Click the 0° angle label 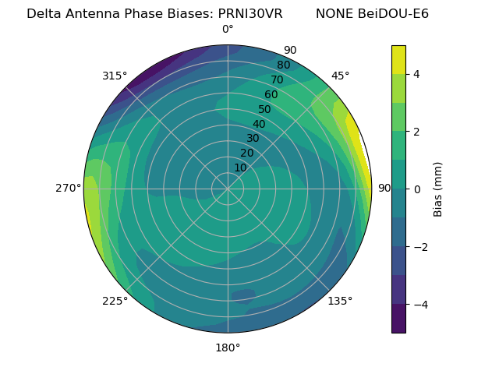[x=228, y=30]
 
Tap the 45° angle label [x=341, y=76]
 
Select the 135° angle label [x=340, y=301]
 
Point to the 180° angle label [x=228, y=348]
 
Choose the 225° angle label [x=115, y=302]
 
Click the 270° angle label [x=69, y=188]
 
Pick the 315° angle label [x=115, y=76]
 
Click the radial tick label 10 [x=240, y=168]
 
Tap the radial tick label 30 [x=253, y=139]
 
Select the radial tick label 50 [x=265, y=110]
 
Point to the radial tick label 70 [x=277, y=79]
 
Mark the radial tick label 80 [x=283, y=65]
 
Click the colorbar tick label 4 [x=417, y=74]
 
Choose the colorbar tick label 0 [x=417, y=189]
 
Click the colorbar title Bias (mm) [x=438, y=189]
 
